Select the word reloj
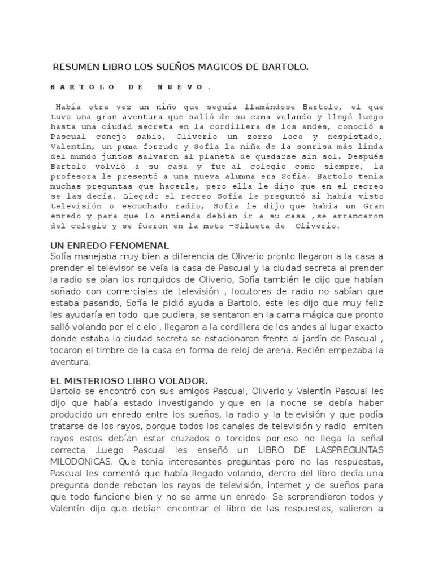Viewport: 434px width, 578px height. pos(258,350)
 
